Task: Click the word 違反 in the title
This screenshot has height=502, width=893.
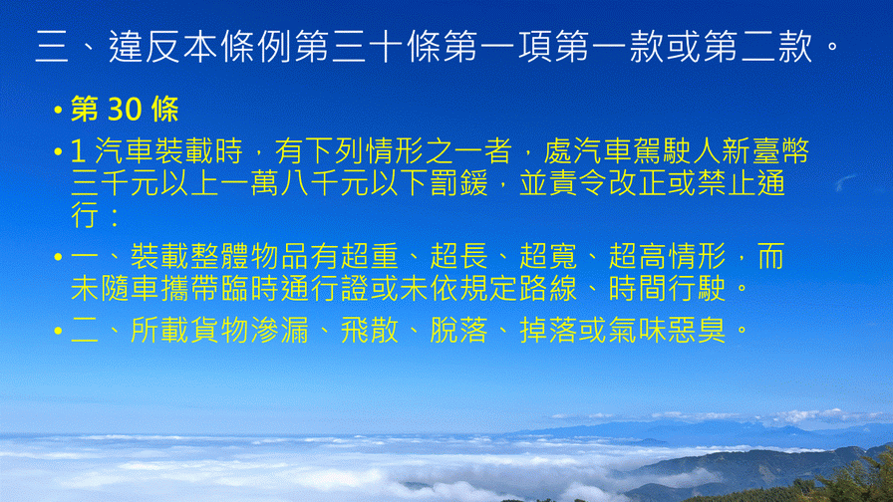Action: pyautogui.click(x=146, y=46)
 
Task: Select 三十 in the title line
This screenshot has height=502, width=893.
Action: pyautogui.click(x=368, y=46)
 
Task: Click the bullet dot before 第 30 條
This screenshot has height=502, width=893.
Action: pyautogui.click(x=58, y=110)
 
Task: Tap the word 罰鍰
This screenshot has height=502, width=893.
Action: pyautogui.click(x=459, y=183)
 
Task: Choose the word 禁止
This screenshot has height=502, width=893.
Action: pyautogui.click(x=727, y=183)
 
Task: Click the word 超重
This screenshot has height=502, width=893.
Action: pyautogui.click(x=370, y=256)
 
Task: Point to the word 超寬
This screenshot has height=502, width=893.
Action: pyautogui.click(x=548, y=256)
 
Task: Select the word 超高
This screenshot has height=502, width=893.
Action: pyautogui.click(x=637, y=256)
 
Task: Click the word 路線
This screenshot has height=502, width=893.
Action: pyautogui.click(x=548, y=289)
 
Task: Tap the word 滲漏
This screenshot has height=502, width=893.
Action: pyautogui.click(x=280, y=330)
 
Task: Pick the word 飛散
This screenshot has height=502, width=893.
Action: pyautogui.click(x=370, y=330)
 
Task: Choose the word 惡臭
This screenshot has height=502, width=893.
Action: pyautogui.click(x=697, y=330)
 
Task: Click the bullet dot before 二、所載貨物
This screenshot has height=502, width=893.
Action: pyautogui.click(x=58, y=331)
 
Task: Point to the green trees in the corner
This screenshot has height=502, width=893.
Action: pyautogui.click(x=854, y=477)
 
